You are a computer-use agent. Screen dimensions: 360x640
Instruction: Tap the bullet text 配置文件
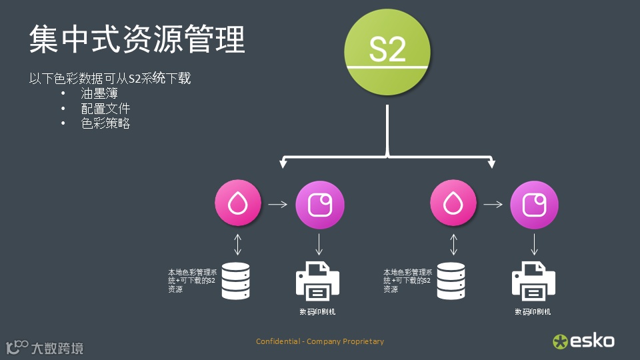105,108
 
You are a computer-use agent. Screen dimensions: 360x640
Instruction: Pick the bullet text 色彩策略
105,123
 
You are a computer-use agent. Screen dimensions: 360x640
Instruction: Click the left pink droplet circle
237,203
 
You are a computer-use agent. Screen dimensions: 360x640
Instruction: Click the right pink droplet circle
453,203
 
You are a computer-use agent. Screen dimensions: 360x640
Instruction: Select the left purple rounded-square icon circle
319,203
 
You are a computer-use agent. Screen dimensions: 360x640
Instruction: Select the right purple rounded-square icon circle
535,203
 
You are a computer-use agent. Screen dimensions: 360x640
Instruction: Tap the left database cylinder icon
235,281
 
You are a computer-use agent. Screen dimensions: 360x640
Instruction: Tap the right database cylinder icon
451,281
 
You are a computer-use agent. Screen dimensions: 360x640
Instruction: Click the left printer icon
318,280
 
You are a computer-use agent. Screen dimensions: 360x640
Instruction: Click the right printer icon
533,280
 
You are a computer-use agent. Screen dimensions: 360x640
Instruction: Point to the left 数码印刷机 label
317,312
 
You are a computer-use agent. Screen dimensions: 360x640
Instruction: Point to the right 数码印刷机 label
533,312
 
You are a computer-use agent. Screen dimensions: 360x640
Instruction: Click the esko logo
583,341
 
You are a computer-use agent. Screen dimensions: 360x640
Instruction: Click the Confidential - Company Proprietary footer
320,341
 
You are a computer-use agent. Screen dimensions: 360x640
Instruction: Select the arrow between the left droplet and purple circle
278,204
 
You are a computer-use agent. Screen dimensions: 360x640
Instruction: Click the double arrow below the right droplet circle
454,243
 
